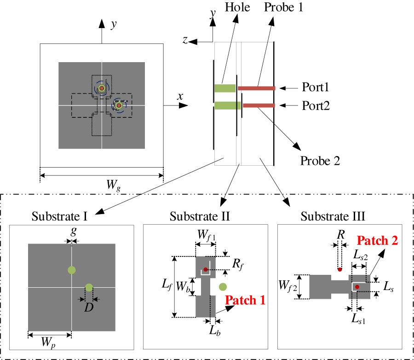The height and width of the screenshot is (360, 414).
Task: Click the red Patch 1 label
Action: pyautogui.click(x=245, y=300)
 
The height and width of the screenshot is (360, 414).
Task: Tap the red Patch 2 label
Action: pyautogui.click(x=377, y=240)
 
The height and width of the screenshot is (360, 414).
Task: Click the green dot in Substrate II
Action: pyautogui.click(x=223, y=287)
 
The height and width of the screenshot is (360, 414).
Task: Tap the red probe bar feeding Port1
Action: pyautogui.click(x=256, y=87)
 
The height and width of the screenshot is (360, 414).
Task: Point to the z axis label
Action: pyautogui.click(x=185, y=40)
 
